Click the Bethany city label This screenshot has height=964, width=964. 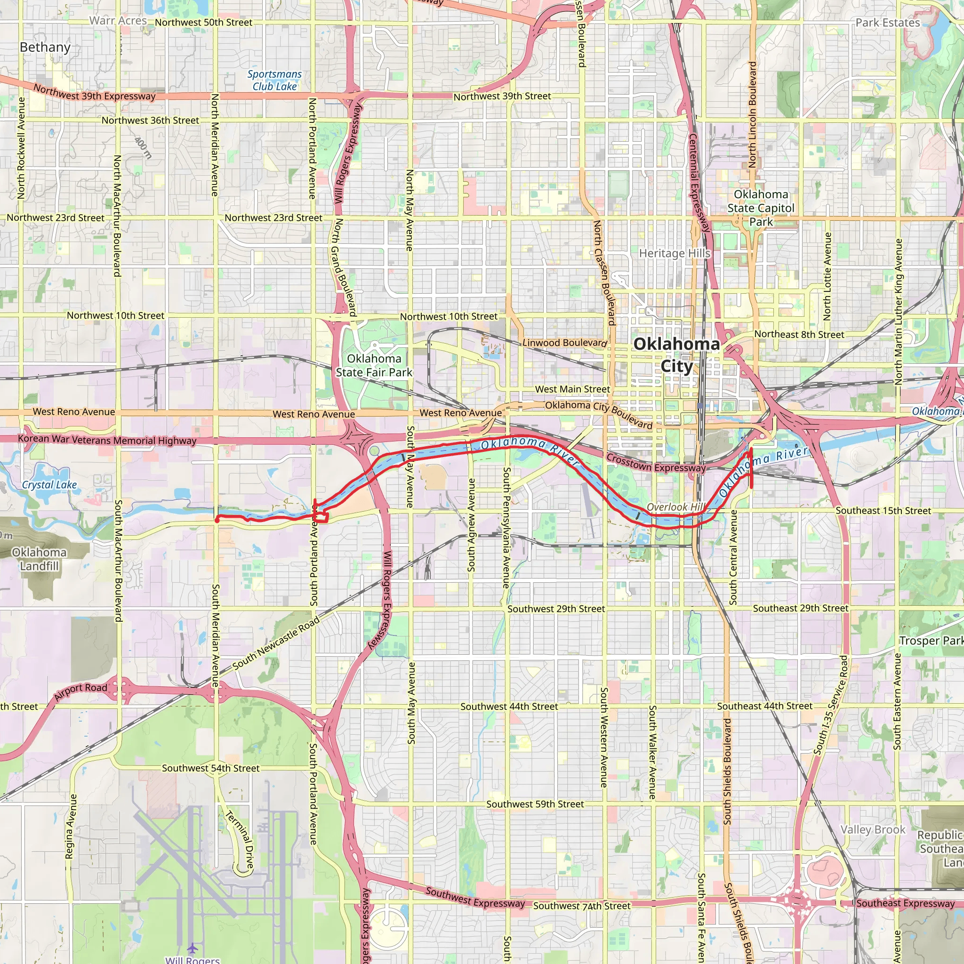[45, 48]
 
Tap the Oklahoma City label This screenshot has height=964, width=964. [676, 355]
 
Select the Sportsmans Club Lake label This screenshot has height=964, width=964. [274, 80]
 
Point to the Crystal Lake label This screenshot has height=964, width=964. [49, 484]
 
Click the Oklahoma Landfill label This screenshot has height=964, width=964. [40, 559]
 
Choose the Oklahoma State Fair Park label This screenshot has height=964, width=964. [374, 365]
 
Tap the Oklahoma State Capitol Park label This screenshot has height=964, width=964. [761, 208]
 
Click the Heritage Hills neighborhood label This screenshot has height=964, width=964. [675, 254]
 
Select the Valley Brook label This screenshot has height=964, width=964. [873, 829]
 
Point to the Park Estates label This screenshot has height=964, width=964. [888, 23]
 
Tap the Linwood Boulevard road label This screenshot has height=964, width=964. [564, 343]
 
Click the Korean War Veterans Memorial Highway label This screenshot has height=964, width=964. [107, 440]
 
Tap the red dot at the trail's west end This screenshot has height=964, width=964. [217, 520]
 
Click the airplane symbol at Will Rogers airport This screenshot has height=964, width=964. [193, 948]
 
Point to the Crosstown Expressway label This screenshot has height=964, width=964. [656, 463]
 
